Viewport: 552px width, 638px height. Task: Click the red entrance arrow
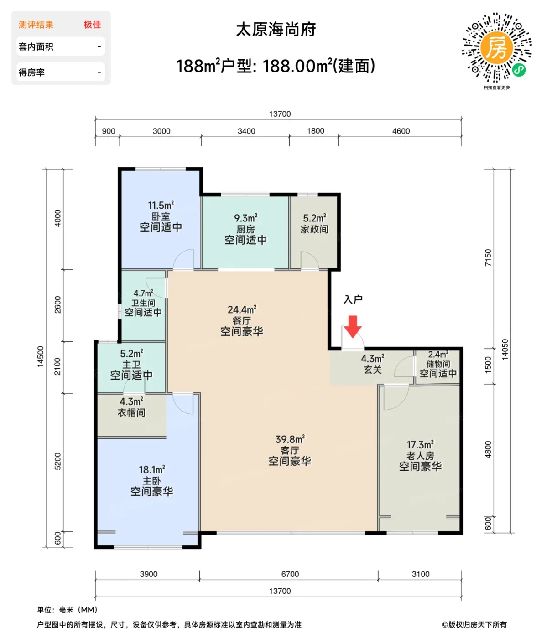pyautogui.click(x=353, y=327)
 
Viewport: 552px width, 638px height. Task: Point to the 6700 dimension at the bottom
pyautogui.click(x=290, y=574)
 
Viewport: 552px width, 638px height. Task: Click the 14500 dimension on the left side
pyautogui.click(x=41, y=357)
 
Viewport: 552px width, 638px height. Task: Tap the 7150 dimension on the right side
pyautogui.click(x=488, y=258)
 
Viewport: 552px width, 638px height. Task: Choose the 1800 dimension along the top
pyautogui.click(x=316, y=131)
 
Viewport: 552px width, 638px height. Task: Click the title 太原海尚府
pyautogui.click(x=276, y=30)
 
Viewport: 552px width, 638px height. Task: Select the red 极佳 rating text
pyautogui.click(x=92, y=25)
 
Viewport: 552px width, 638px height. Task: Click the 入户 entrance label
pyautogui.click(x=353, y=299)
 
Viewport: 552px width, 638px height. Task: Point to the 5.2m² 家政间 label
pyautogui.click(x=314, y=224)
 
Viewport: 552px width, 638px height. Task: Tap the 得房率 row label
pyautogui.click(x=31, y=72)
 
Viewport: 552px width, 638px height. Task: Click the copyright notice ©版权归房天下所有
pyautogui.click(x=474, y=624)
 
